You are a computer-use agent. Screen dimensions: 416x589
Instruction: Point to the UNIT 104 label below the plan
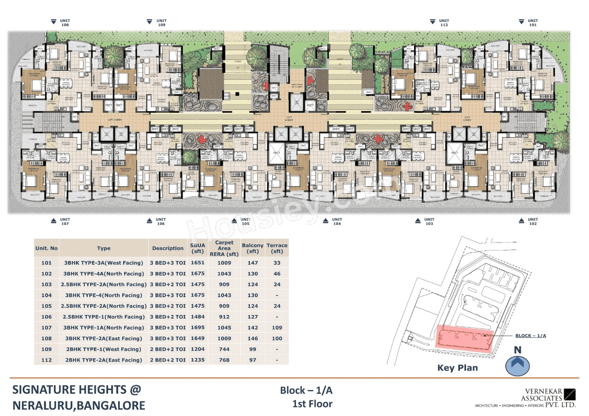[337, 221]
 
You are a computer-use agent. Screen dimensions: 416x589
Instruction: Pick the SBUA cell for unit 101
[197, 263]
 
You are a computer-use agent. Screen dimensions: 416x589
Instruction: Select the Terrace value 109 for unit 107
[277, 327]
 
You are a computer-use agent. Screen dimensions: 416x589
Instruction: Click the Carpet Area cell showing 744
[224, 349]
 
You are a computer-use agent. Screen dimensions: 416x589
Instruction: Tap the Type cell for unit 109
[104, 349]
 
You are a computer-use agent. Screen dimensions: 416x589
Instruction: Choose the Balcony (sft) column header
[253, 248]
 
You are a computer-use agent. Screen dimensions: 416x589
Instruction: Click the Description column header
[167, 248]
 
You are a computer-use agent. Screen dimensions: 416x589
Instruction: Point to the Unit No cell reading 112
[46, 360]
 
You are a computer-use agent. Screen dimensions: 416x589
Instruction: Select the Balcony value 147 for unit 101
[253, 263]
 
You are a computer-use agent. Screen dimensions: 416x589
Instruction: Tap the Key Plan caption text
[457, 368]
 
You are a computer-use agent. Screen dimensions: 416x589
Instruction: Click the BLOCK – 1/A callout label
[530, 335]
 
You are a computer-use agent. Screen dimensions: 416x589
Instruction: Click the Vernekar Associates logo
[548, 398]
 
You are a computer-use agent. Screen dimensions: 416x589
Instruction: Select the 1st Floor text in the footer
[312, 404]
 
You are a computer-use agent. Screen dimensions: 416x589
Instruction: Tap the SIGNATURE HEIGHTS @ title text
[76, 389]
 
